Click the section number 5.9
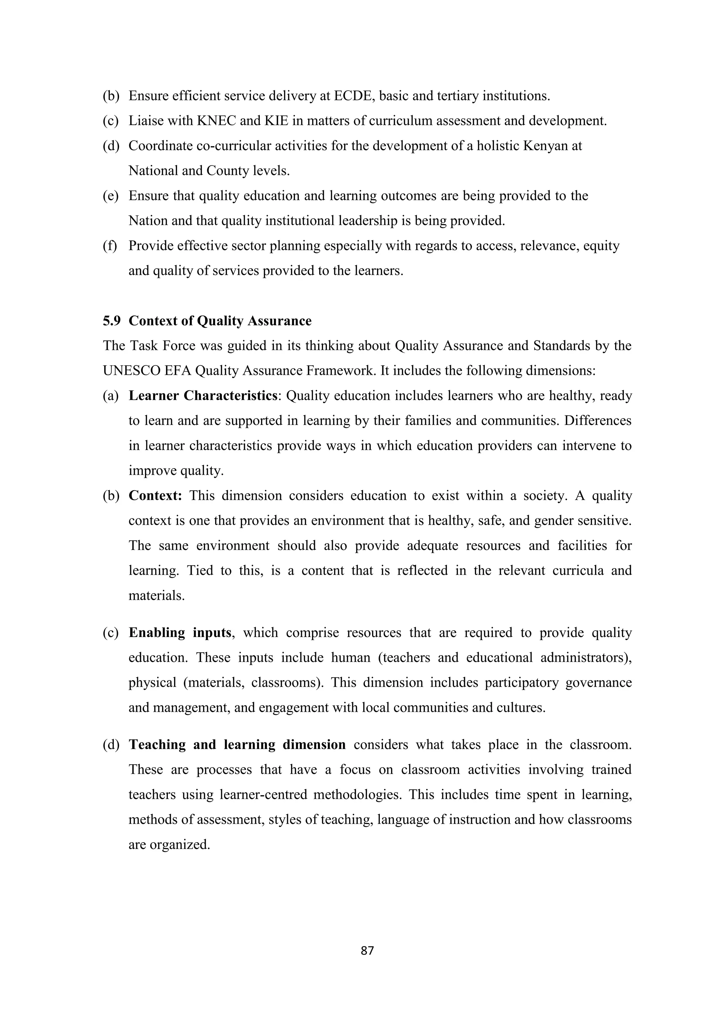point(112,321)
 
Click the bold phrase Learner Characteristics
point(203,396)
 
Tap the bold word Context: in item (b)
point(156,496)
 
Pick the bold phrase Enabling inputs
point(180,633)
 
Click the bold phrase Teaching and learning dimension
point(237,745)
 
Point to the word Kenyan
point(546,146)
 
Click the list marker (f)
point(110,246)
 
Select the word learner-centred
point(263,795)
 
